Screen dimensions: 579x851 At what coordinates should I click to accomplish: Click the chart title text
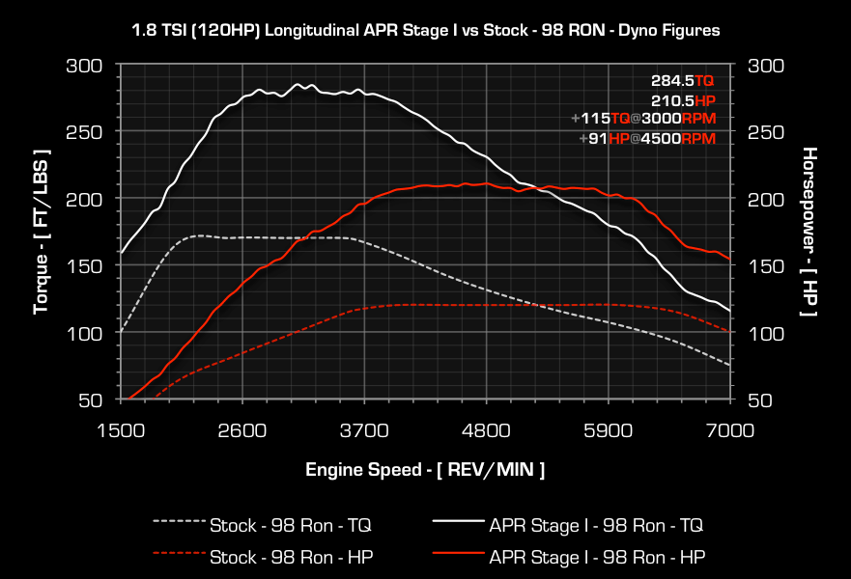425,30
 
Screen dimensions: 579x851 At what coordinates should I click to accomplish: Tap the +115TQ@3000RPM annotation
643,119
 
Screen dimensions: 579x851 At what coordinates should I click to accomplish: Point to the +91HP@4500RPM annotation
647,138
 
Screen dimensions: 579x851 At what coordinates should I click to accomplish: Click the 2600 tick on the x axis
241,429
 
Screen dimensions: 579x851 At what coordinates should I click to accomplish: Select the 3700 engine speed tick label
364,429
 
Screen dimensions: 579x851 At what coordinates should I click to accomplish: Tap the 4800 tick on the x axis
486,429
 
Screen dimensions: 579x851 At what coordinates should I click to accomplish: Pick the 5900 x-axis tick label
609,429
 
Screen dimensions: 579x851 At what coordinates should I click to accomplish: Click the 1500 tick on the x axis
120,429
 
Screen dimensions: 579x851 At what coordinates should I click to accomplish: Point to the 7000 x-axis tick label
729,429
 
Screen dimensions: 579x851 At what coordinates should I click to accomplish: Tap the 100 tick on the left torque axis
85,333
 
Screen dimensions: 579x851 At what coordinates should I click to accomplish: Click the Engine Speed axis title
425,470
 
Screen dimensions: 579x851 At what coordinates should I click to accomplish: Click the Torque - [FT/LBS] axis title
42,232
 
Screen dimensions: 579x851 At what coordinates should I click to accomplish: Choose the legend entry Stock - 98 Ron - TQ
290,526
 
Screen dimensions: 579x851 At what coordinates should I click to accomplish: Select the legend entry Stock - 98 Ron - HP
290,557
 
